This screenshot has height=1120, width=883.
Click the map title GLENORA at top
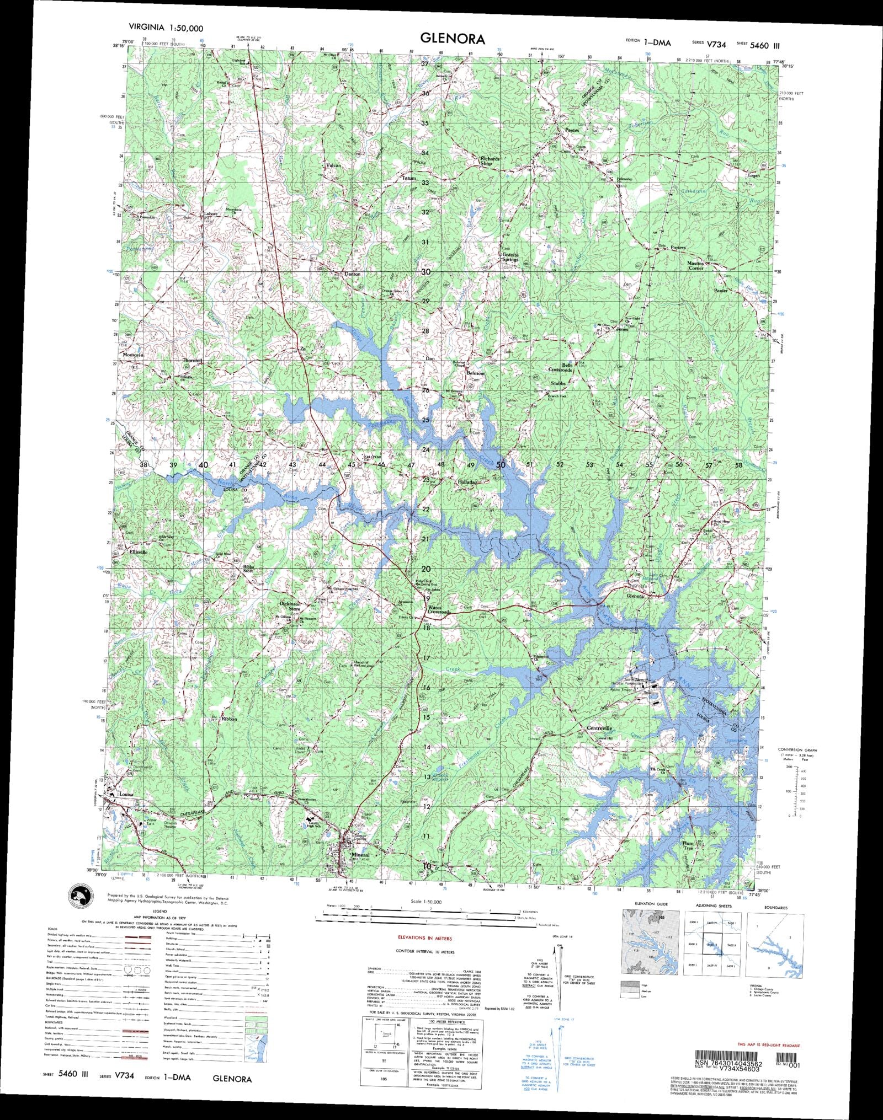(x=453, y=39)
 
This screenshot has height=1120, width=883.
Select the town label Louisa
(x=127, y=795)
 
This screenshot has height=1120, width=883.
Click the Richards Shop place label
(x=489, y=161)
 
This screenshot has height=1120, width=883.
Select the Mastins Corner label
(x=695, y=266)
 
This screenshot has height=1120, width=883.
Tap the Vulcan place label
(x=333, y=165)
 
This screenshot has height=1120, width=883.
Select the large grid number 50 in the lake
(x=501, y=465)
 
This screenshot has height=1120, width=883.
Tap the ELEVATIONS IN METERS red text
(x=425, y=937)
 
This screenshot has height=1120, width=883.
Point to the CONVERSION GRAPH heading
(x=797, y=750)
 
